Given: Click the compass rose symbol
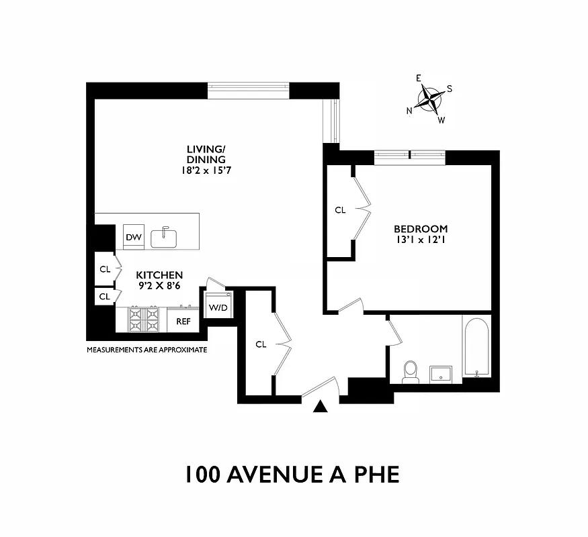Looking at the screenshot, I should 430,100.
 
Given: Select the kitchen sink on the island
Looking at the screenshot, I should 163,238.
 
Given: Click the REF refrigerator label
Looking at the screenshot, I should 183,322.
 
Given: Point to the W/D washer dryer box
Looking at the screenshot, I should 218,307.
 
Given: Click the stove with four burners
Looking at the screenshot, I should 144,319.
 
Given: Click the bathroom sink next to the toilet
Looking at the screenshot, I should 441,373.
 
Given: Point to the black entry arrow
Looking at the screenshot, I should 321,405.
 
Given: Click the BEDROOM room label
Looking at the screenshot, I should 421,228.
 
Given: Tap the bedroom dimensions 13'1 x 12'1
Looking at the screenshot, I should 421,240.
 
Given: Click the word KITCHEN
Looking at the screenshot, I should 160,275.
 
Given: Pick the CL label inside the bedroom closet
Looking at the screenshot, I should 340,210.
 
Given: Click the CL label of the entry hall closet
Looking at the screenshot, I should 261,344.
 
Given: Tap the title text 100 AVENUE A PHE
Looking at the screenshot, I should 292,474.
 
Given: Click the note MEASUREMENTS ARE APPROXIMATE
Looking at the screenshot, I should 146,350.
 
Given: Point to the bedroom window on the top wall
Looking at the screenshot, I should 409,157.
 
